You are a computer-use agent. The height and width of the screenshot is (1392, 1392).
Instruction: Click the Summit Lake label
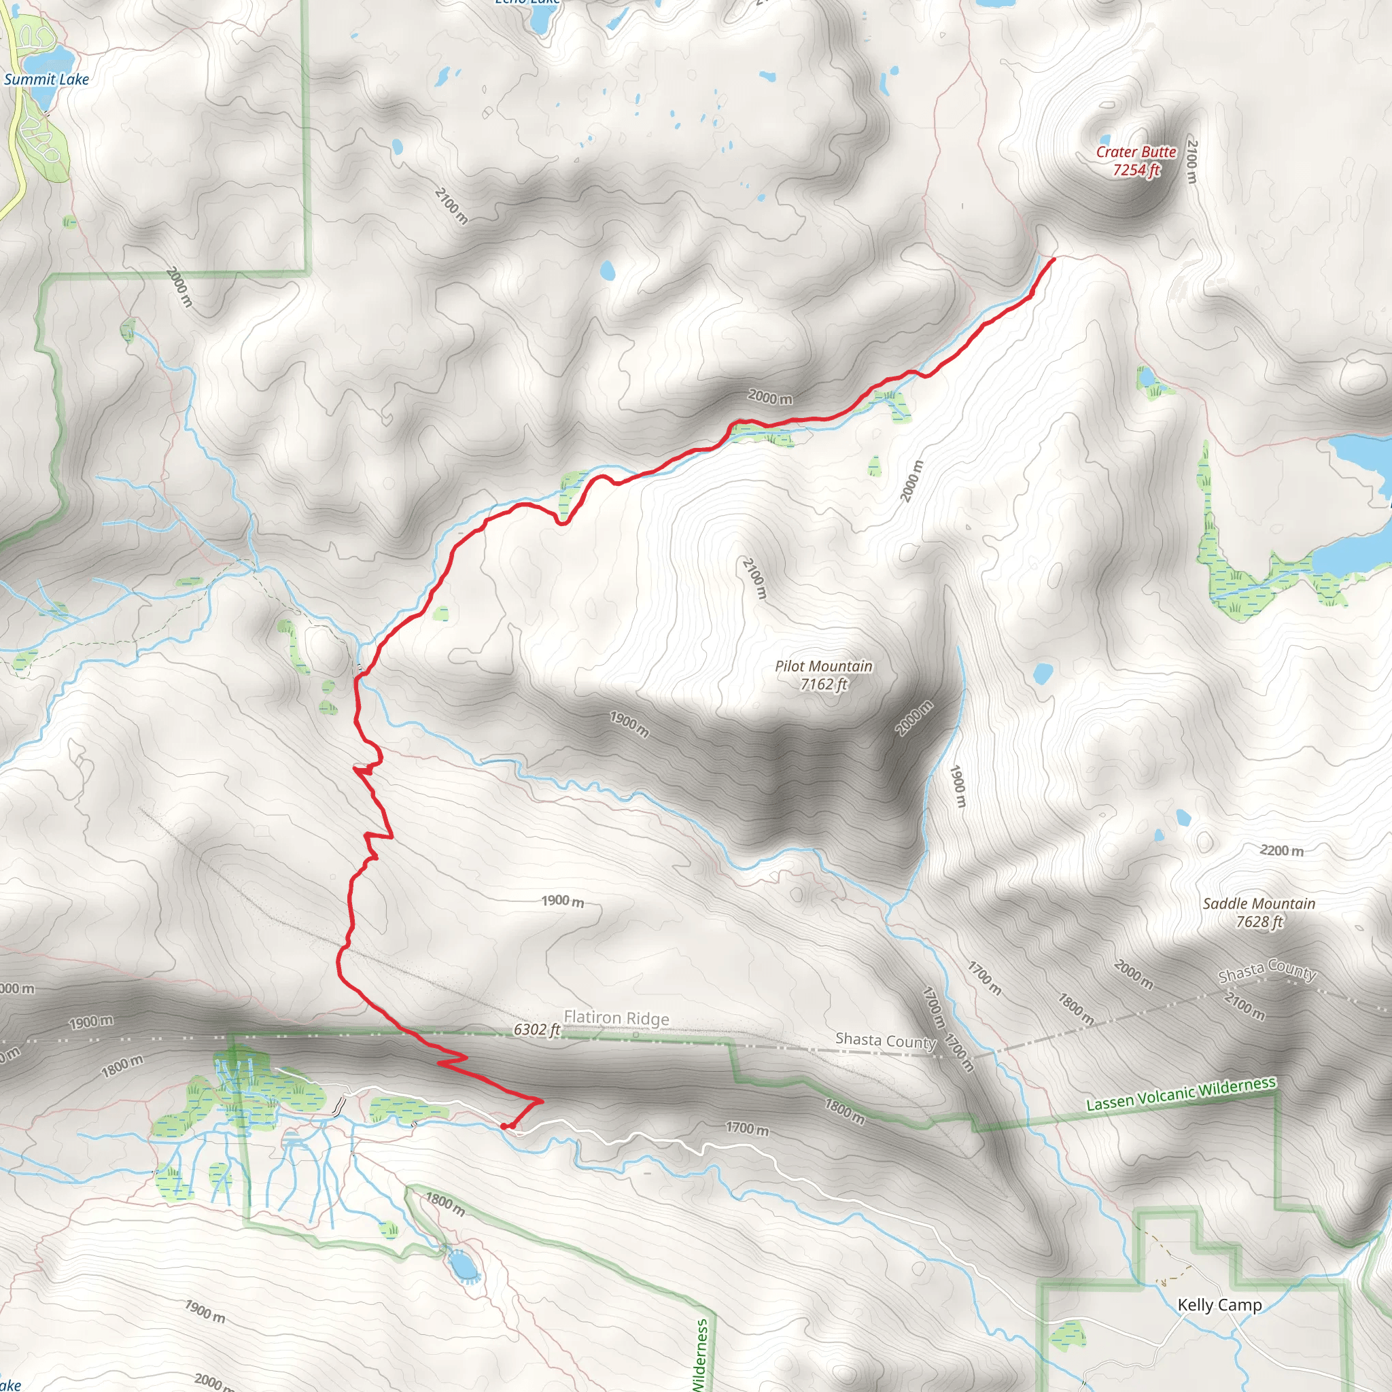[46, 80]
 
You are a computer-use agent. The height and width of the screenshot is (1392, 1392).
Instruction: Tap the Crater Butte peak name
[1136, 152]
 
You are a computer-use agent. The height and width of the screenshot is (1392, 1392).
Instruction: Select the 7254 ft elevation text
[1136, 170]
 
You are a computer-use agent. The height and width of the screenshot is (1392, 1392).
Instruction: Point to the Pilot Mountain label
[823, 667]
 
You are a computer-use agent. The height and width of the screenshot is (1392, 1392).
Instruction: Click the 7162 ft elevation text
[823, 684]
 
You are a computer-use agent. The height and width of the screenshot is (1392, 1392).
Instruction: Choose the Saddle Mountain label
[1258, 903]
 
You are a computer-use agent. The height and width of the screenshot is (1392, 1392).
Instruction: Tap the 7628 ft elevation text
[1259, 922]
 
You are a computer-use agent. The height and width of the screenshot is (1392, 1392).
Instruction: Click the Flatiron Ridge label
[616, 1017]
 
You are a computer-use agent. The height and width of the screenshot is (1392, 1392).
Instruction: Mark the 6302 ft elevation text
[536, 1030]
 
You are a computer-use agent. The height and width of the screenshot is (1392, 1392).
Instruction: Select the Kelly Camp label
[1219, 1305]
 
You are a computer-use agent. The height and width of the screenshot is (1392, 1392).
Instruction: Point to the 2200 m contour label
[1281, 851]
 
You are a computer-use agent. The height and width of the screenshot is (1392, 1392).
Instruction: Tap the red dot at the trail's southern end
[504, 1127]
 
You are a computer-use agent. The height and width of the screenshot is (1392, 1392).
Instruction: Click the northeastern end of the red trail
[1054, 259]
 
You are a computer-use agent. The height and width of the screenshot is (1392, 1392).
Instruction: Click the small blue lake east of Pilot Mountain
[1042, 674]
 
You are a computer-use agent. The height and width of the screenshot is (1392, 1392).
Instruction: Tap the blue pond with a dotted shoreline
[464, 1265]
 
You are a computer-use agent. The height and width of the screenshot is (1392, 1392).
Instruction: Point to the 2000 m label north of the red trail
[769, 397]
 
